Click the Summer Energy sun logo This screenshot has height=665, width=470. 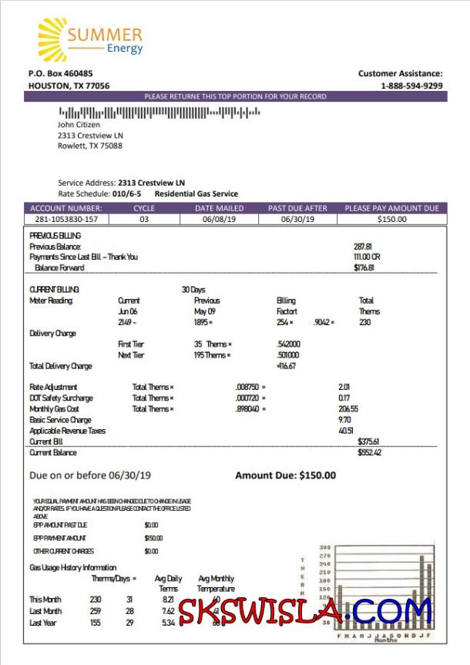[52, 39]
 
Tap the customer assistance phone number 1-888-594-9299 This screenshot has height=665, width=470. [411, 86]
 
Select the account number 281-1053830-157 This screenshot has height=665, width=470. [65, 220]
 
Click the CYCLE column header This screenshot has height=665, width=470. [144, 208]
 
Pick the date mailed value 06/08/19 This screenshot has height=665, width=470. [219, 220]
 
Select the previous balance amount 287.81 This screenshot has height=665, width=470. [363, 246]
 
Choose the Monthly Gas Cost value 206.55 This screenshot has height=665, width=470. [349, 409]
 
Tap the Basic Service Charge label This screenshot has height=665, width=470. [60, 420]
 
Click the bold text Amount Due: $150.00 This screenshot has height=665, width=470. [285, 475]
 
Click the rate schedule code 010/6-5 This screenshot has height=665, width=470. [126, 193]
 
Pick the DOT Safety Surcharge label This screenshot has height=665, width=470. [61, 398]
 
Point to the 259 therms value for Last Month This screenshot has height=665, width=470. [96, 610]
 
